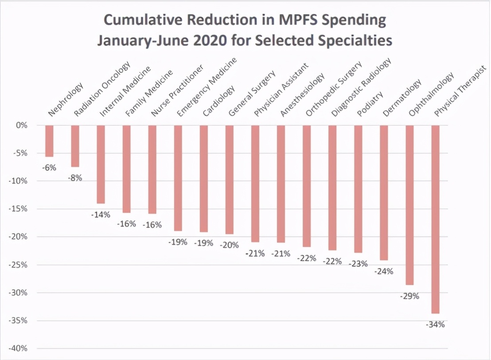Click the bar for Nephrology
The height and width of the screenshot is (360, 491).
coord(49,141)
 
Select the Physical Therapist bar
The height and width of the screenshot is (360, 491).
coord(435,219)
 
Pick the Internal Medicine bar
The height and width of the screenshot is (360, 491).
coord(101,164)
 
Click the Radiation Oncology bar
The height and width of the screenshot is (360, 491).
coord(75,146)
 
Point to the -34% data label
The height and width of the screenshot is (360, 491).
coord(435,325)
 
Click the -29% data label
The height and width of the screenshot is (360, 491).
coord(409,296)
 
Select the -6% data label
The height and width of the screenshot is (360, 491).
coord(49,168)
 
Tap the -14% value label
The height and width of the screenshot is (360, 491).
coord(101,215)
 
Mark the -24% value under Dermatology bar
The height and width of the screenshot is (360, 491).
coord(384,271)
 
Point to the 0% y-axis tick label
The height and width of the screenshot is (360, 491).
coord(22,125)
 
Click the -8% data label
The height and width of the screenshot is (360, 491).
coord(75,178)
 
